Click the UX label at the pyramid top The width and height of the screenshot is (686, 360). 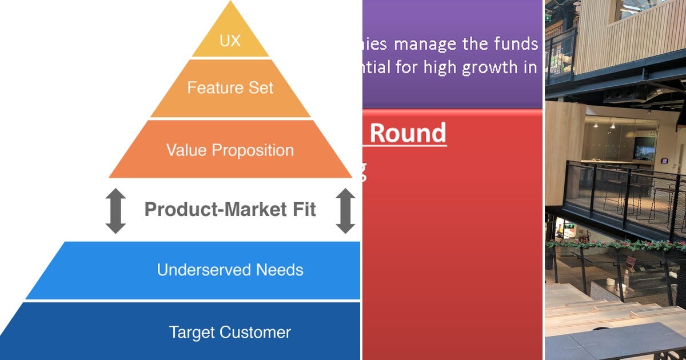pyautogui.click(x=230, y=41)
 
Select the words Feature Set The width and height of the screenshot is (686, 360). pyautogui.click(x=230, y=88)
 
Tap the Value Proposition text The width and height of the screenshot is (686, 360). pyautogui.click(x=230, y=150)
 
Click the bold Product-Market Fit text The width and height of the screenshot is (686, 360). pyautogui.click(x=230, y=210)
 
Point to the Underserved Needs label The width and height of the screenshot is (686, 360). pyautogui.click(x=230, y=270)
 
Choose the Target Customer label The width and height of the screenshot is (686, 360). pyautogui.click(x=230, y=332)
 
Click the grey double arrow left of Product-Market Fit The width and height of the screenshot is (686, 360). pyautogui.click(x=115, y=211)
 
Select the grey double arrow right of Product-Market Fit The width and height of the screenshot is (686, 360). pyautogui.click(x=345, y=211)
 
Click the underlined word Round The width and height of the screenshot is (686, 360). pyautogui.click(x=408, y=133)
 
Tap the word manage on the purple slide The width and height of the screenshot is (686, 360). pyautogui.click(x=421, y=43)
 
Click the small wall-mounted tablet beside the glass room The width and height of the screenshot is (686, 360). pyautogui.click(x=665, y=161)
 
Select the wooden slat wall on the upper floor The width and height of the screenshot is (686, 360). pyautogui.click(x=623, y=34)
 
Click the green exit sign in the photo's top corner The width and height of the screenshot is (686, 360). pyautogui.click(x=548, y=17)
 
